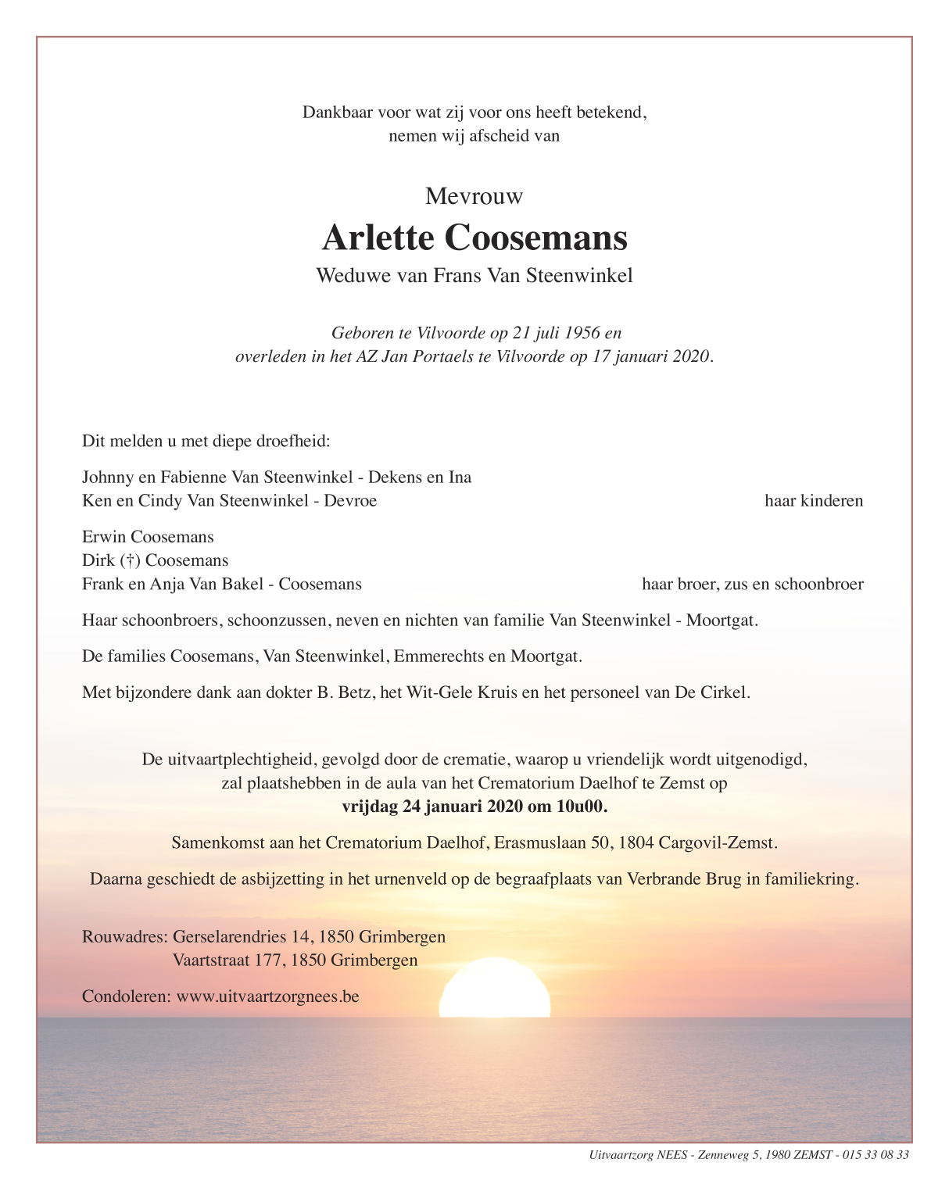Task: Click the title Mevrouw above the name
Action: tap(474, 196)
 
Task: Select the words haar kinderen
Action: tap(813, 501)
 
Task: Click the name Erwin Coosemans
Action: tap(148, 537)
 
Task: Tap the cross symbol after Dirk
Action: tap(130, 560)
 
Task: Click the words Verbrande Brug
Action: tap(686, 879)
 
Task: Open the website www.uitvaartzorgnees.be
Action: tap(267, 996)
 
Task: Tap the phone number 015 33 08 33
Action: tap(876, 1155)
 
